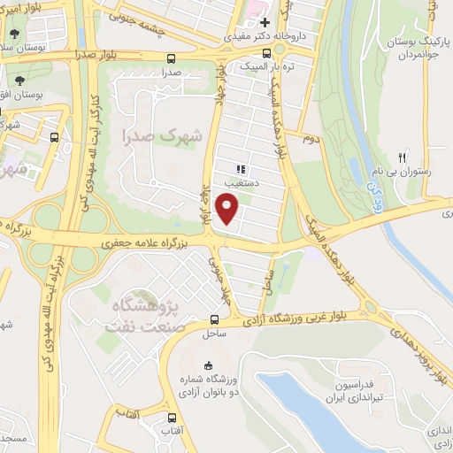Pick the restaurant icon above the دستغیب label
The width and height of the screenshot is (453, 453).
240,168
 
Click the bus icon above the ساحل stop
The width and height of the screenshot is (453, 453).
215,320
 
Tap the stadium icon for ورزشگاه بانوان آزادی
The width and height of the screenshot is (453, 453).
209,366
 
